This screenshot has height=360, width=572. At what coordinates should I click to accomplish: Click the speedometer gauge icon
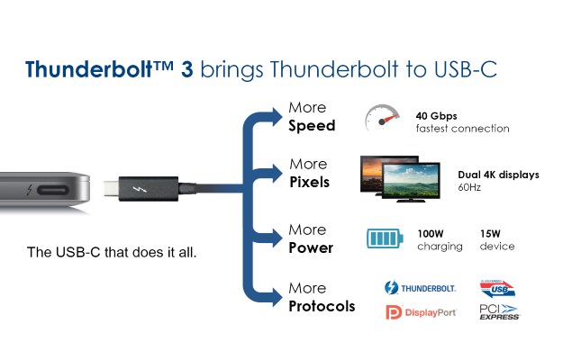382,118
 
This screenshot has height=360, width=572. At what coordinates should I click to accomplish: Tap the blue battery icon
385,238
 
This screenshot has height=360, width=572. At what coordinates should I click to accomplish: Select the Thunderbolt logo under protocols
420,288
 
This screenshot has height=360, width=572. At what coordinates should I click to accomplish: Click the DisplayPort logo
421,312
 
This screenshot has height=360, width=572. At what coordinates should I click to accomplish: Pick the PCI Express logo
499,312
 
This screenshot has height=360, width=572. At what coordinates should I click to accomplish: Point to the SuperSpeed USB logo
497,289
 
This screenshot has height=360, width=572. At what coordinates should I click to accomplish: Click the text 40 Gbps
436,116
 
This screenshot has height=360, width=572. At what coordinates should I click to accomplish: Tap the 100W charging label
440,240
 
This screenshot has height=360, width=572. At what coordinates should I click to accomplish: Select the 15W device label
497,239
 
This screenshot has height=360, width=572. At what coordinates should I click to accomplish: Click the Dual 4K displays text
498,175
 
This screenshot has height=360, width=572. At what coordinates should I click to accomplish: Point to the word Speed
312,126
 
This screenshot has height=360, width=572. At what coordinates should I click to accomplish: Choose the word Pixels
309,182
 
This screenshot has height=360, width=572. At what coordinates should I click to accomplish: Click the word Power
311,247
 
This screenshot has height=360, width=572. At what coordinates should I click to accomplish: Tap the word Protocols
322,306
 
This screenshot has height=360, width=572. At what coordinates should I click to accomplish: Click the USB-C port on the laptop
53,190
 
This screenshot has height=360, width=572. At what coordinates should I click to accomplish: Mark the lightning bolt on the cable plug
140,190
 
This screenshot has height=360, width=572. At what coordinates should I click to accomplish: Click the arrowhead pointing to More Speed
277,117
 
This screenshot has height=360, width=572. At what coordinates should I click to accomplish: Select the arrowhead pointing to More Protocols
277,297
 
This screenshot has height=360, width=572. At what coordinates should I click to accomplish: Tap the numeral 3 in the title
186,69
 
